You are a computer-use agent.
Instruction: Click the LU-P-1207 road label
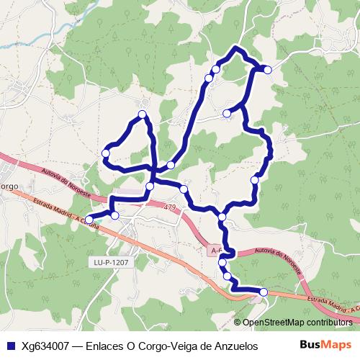coord(110,263)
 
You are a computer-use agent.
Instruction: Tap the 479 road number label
coord(169,207)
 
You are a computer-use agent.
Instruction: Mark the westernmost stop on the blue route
coord(89,220)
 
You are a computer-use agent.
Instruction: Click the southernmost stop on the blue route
coord(264,292)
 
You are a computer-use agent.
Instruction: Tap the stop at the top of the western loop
coord(143,114)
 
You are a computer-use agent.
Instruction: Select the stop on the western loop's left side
coord(106,153)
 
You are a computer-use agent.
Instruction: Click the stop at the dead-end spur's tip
coord(227,113)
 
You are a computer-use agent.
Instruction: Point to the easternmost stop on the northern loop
coord(268,69)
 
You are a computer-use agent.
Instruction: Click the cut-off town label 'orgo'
coord(9,186)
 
